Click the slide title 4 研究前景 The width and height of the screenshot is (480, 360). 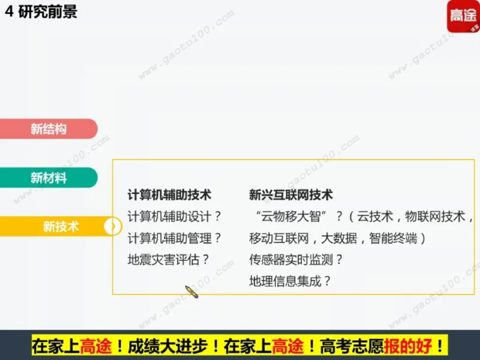41,12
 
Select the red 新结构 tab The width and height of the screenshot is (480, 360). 48,128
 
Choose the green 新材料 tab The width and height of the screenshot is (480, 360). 48,178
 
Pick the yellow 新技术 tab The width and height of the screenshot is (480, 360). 60,226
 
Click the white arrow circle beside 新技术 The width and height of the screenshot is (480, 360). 111,226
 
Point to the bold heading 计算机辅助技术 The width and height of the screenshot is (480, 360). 170,195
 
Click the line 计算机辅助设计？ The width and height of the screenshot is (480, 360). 175,217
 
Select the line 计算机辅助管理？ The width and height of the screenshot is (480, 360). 175,238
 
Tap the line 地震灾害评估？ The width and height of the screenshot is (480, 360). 169,260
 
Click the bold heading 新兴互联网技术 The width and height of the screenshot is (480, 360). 291,195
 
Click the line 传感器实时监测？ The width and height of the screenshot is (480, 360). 296,260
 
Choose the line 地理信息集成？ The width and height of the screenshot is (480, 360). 290,281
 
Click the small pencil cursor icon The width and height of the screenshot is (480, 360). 191,292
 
